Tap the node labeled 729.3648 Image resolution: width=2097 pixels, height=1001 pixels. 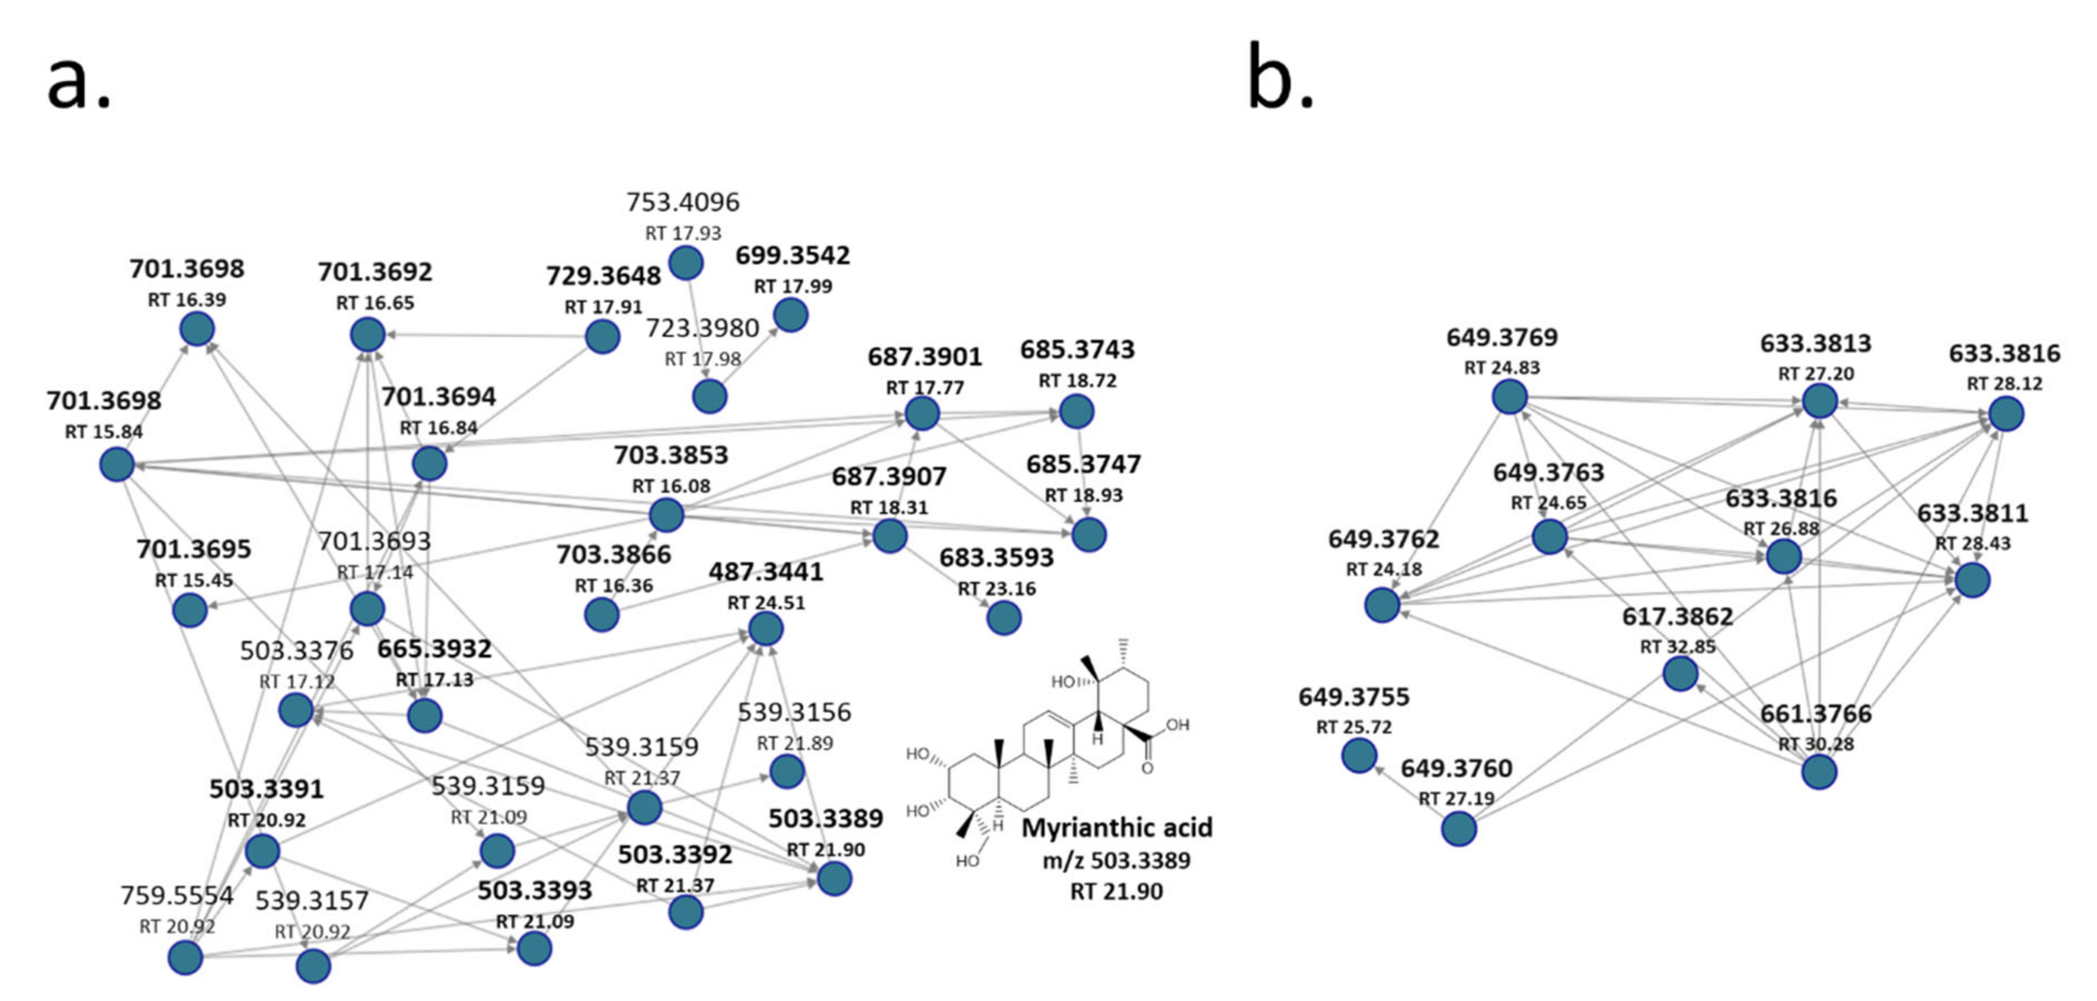603,336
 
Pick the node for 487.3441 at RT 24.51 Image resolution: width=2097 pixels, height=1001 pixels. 765,629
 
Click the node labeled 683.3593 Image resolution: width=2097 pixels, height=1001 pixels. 1004,618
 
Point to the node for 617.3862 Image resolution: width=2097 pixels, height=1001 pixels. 1680,674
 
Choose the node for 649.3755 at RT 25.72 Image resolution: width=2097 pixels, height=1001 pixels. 1359,756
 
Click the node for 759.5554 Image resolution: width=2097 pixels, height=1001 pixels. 185,957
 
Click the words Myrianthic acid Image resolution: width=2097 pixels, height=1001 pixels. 1117,828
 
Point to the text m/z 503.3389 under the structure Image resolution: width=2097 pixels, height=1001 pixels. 1117,860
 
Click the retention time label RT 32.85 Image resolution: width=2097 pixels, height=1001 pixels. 1678,647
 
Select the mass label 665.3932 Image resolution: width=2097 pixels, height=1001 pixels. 435,649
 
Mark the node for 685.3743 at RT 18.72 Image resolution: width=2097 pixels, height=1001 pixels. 1076,412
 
